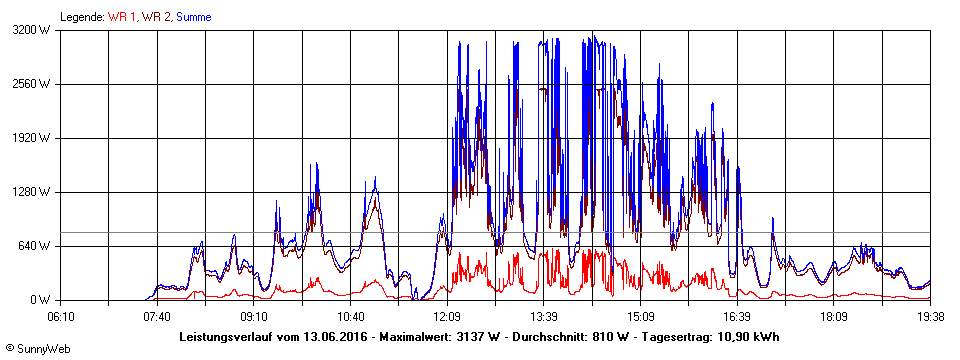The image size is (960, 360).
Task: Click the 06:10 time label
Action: point(60,316)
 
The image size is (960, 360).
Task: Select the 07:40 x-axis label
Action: point(157,316)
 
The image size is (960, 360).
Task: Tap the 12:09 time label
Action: point(447,316)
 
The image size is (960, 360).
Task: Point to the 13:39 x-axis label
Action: point(543,316)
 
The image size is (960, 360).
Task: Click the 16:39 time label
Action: point(737,316)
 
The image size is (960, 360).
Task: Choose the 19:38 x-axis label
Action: point(930,316)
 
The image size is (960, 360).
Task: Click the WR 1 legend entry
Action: point(121,17)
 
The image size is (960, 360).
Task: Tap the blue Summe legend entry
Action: point(194,17)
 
